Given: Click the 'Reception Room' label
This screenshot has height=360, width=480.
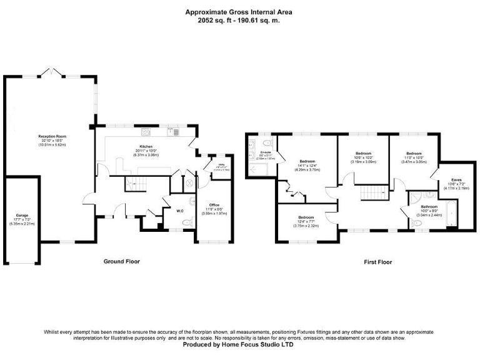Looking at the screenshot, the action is tap(52, 136).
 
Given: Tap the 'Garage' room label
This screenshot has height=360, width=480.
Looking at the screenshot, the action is tap(22, 215).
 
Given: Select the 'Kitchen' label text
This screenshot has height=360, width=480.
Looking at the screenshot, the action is tap(146, 147).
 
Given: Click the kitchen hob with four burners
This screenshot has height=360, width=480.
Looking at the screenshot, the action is tap(146, 132).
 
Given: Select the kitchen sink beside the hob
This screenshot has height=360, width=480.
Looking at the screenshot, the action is tap(172, 131).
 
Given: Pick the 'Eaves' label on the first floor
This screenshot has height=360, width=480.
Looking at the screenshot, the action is tap(457, 180).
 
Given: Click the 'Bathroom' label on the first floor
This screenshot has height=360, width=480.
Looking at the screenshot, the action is tap(429, 206).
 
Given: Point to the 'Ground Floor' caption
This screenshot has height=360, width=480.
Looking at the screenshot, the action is tap(121, 261).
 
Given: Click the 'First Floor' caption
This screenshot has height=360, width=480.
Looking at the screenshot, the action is tap(377, 262).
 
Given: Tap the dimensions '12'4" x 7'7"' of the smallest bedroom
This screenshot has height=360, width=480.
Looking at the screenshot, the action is tap(309, 222).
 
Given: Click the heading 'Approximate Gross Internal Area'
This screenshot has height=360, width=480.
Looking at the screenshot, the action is tap(239, 12).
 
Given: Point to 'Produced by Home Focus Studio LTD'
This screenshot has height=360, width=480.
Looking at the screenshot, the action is tap(239, 344).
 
